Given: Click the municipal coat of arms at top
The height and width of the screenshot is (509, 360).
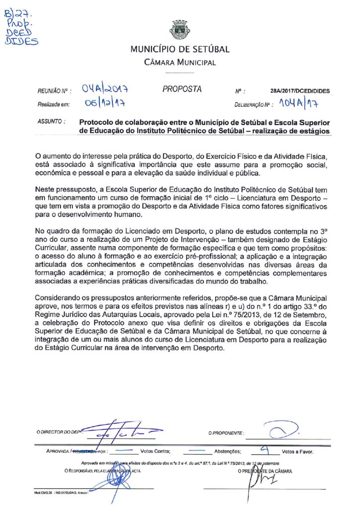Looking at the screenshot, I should (180, 30).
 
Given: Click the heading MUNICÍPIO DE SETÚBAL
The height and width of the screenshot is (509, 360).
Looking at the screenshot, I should (180, 50).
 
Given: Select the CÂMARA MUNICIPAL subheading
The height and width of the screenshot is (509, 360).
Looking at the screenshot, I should (180, 63).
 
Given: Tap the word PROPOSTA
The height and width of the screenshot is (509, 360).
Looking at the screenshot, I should (182, 89).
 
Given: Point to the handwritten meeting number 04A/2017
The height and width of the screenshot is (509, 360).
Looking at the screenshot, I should (106, 89).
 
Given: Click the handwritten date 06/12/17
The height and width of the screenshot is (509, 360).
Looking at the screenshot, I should (104, 103).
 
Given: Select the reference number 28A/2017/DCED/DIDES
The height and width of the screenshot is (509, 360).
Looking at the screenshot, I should (300, 91).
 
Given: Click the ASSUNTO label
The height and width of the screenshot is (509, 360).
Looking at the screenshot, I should (52, 121).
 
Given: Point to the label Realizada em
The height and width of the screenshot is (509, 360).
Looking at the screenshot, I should (54, 104).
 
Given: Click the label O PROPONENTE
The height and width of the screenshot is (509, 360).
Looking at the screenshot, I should (226, 433).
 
